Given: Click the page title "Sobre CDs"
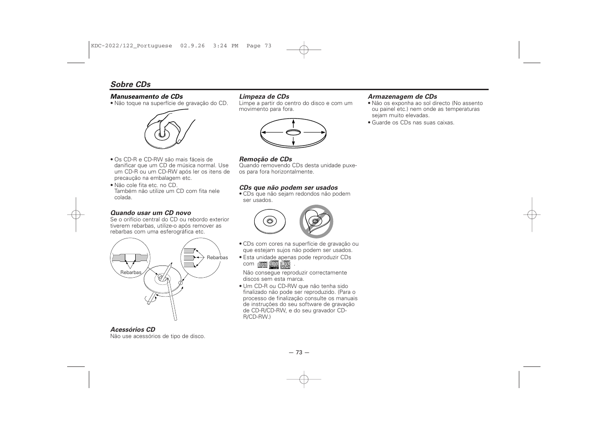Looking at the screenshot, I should coord(130,84).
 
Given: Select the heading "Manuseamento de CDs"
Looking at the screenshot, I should coord(147,96).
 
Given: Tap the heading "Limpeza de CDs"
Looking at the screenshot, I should coord(264,96).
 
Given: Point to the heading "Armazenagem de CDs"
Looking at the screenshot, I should coord(402,96).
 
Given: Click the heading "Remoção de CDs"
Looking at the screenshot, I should coord(265,159).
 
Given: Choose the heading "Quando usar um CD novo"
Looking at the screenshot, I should coord(151,213).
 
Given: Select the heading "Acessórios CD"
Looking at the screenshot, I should coord(133,329).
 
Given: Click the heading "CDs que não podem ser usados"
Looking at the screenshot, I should coord(288,188).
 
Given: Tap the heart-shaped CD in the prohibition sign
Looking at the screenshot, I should coord(316,221).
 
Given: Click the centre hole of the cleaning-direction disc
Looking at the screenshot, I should coord(293,132).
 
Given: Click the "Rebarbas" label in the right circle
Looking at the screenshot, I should coord(217,257).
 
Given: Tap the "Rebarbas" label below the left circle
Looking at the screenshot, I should coord(131,272).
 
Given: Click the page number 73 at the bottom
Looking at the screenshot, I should coord(299,352).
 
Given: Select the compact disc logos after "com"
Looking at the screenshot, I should coord(274,265).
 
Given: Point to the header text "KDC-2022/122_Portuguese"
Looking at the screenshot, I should coord(131,46).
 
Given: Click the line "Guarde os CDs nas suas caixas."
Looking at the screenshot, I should coord(412,123).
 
